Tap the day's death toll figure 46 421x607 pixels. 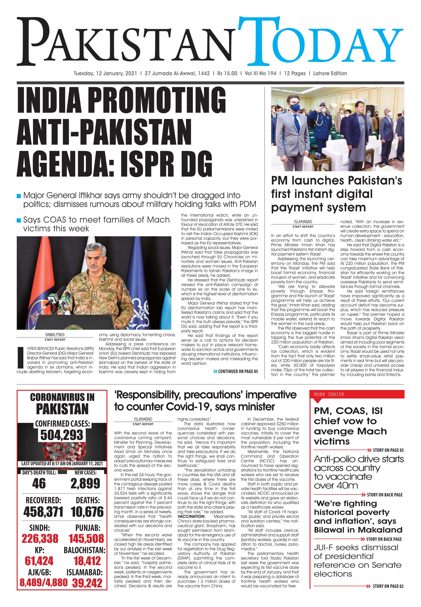(39, 483)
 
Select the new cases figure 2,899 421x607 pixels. (85, 483)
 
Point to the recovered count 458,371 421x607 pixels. (43, 512)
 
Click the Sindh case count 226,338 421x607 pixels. (40, 539)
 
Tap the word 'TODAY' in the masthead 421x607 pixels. (321, 43)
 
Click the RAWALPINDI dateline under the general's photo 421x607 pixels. (55, 335)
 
